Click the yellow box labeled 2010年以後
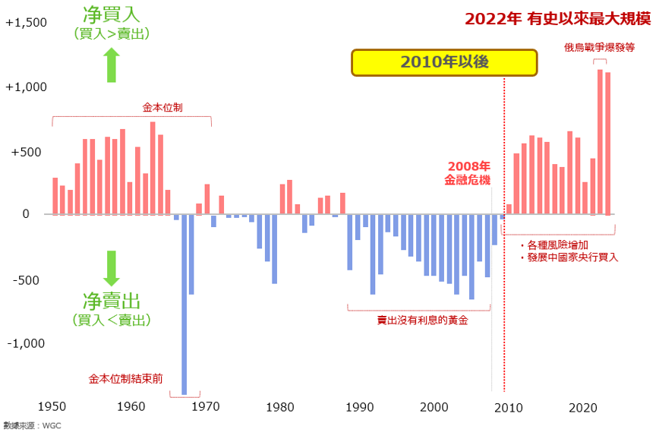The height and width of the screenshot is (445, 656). coord(444,62)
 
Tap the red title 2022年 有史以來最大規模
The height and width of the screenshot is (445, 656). coord(557,19)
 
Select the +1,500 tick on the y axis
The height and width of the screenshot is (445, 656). coord(27,23)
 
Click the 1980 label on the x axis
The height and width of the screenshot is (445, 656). coord(282,406)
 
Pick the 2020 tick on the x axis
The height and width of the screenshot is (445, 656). coord(585,406)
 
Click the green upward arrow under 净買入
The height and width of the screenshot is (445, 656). coord(112,65)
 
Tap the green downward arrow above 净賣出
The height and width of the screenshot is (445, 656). coord(112,268)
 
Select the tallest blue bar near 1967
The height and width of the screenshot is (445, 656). coord(184,304)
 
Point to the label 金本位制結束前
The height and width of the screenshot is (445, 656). coord(125,377)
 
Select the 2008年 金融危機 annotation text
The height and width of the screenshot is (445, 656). coord(468,173)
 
